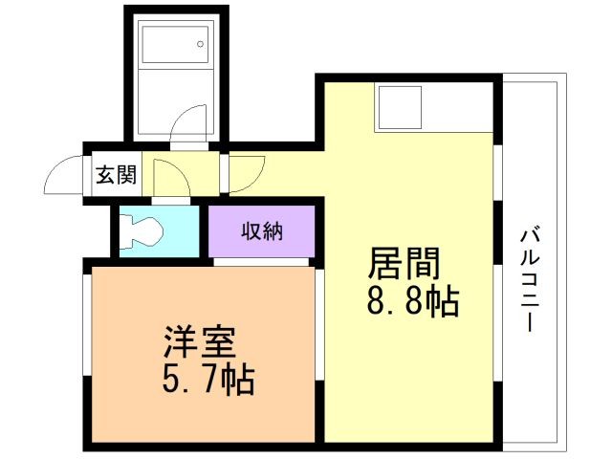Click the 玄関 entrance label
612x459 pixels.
coord(117,174)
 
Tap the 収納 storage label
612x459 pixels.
coord(261,231)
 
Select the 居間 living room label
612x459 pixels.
coord(404,264)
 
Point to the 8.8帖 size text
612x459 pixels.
coord(412,301)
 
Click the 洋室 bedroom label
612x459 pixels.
coord(200,341)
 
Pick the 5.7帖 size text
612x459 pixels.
coord(208,379)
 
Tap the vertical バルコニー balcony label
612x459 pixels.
coord(530,280)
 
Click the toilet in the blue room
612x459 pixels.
coord(141,231)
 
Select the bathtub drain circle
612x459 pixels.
coord(200,44)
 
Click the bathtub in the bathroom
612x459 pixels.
coord(175,44)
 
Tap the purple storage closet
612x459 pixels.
coord(261,231)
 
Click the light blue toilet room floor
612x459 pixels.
coord(160,231)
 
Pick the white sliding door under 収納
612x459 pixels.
coord(261,262)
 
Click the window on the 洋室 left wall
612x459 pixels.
coord(87,325)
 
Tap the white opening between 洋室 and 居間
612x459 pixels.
coord(319,325)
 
